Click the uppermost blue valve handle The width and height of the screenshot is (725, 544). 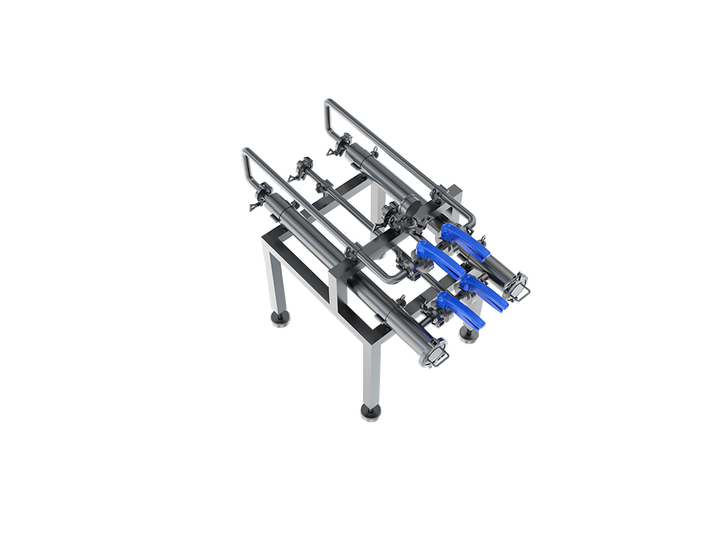[464, 240]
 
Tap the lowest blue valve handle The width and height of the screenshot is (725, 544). [460, 309]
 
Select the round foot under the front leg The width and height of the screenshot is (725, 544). [370, 412]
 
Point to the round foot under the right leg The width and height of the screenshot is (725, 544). [468, 332]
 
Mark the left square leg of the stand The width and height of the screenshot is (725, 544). [276, 280]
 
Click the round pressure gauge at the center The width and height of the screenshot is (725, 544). [412, 204]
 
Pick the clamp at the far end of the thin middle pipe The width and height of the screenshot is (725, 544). [304, 167]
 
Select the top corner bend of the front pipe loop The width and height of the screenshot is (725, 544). [247, 153]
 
